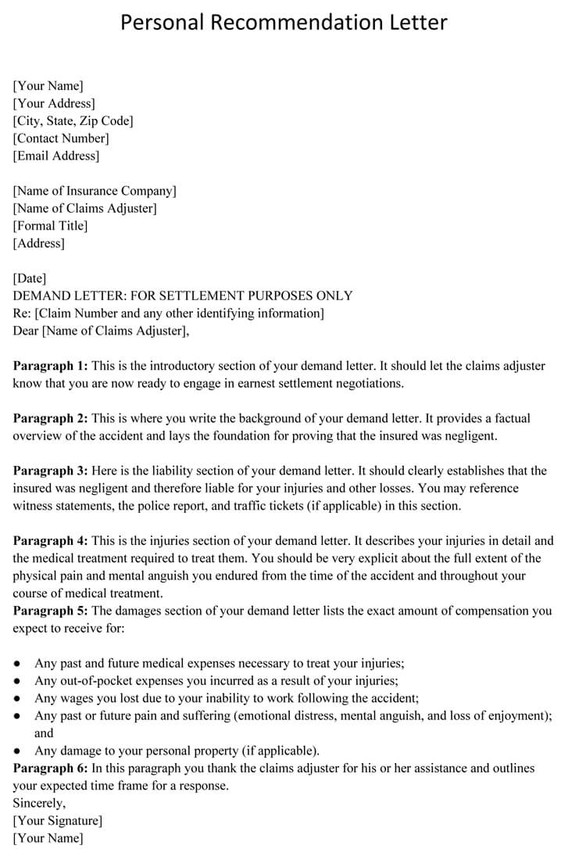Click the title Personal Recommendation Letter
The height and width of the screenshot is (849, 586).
click(284, 22)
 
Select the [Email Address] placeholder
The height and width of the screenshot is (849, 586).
click(56, 156)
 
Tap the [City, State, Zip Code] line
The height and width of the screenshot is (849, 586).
click(73, 120)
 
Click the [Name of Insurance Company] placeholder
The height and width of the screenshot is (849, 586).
click(95, 191)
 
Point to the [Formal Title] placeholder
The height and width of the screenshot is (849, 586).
click(51, 226)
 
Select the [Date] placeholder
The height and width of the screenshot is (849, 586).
click(30, 278)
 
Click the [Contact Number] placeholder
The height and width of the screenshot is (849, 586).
click(61, 138)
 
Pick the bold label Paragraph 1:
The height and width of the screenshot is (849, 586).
click(50, 366)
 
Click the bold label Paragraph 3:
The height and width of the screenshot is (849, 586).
click(50, 471)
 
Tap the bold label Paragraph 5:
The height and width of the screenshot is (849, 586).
click(50, 611)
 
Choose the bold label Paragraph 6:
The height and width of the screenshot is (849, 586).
click(50, 768)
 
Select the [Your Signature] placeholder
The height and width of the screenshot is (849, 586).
click(58, 821)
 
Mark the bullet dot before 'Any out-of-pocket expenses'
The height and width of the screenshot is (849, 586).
click(17, 681)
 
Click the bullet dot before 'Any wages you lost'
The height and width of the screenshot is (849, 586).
click(17, 699)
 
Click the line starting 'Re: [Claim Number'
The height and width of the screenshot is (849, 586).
click(169, 313)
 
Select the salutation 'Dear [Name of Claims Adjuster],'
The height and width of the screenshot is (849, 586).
click(101, 331)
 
